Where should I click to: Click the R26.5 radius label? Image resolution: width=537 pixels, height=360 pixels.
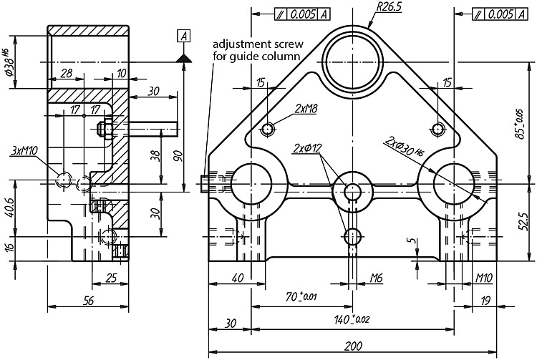(389, 7)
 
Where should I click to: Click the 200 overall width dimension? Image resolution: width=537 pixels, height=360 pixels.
(353, 346)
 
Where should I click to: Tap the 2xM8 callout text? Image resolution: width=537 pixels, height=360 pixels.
(306, 109)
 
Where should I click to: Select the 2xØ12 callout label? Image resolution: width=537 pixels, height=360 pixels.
(307, 148)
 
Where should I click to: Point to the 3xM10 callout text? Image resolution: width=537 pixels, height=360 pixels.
(24, 150)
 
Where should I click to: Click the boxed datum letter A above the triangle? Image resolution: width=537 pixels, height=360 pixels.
(184, 36)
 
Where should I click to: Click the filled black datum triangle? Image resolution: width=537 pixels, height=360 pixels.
(184, 58)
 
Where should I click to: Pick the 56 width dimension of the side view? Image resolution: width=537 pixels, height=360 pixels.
(88, 301)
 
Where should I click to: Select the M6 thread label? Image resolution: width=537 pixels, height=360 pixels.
(377, 278)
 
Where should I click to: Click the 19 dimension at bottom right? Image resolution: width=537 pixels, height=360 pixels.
(485, 301)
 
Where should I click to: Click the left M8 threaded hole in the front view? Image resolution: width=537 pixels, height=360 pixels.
(268, 130)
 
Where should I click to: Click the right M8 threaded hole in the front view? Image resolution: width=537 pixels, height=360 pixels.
(437, 130)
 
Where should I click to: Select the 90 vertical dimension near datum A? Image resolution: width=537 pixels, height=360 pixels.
(178, 156)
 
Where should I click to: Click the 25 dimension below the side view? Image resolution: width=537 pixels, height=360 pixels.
(111, 278)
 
